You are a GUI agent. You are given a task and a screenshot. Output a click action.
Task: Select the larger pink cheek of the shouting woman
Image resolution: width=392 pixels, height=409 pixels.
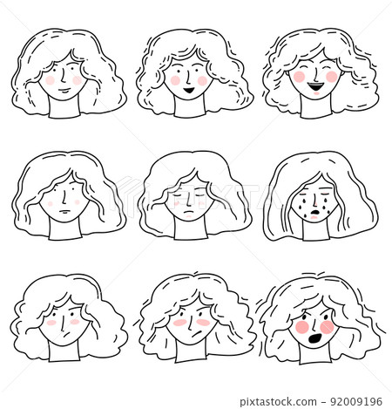[x=303, y=327]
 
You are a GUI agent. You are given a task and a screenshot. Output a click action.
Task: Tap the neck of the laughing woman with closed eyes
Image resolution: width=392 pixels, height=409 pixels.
[x=314, y=107]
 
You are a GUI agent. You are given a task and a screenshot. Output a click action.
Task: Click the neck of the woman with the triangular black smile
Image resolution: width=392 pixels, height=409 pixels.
[x=188, y=106]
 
